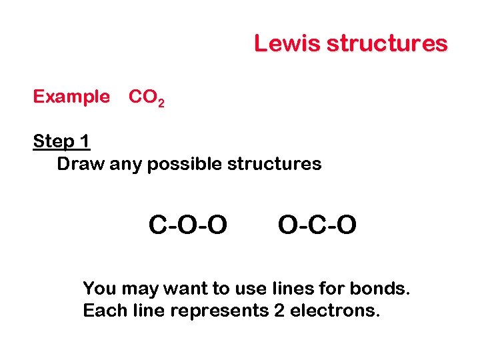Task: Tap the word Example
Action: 71,97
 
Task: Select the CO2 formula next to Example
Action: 146,98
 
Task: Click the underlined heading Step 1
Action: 61,141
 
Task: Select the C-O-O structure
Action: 187,226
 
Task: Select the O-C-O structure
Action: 317,226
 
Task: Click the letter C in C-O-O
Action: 157,226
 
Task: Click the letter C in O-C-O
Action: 317,226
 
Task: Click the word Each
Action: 100,311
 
